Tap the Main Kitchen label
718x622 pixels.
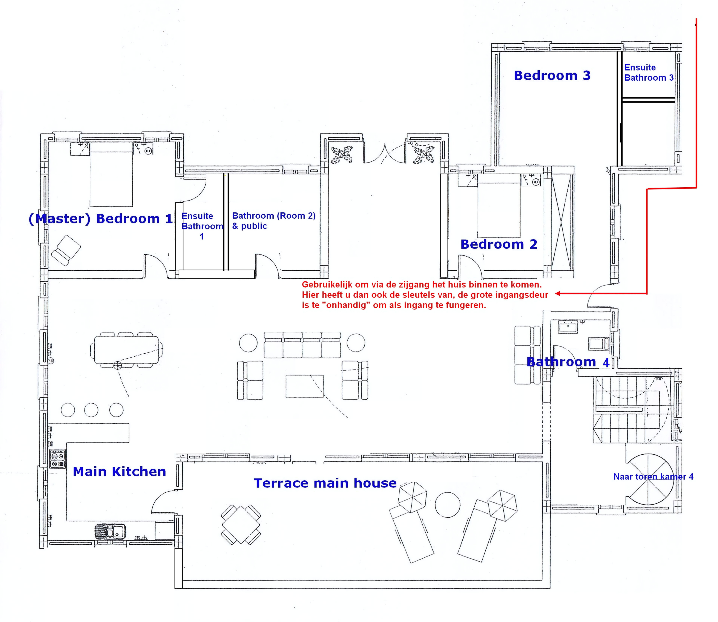tap(119, 472)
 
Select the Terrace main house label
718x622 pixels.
tap(325, 483)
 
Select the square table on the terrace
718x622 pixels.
tap(241, 524)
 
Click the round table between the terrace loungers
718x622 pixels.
tap(448, 505)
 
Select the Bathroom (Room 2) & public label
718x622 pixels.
tap(274, 221)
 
